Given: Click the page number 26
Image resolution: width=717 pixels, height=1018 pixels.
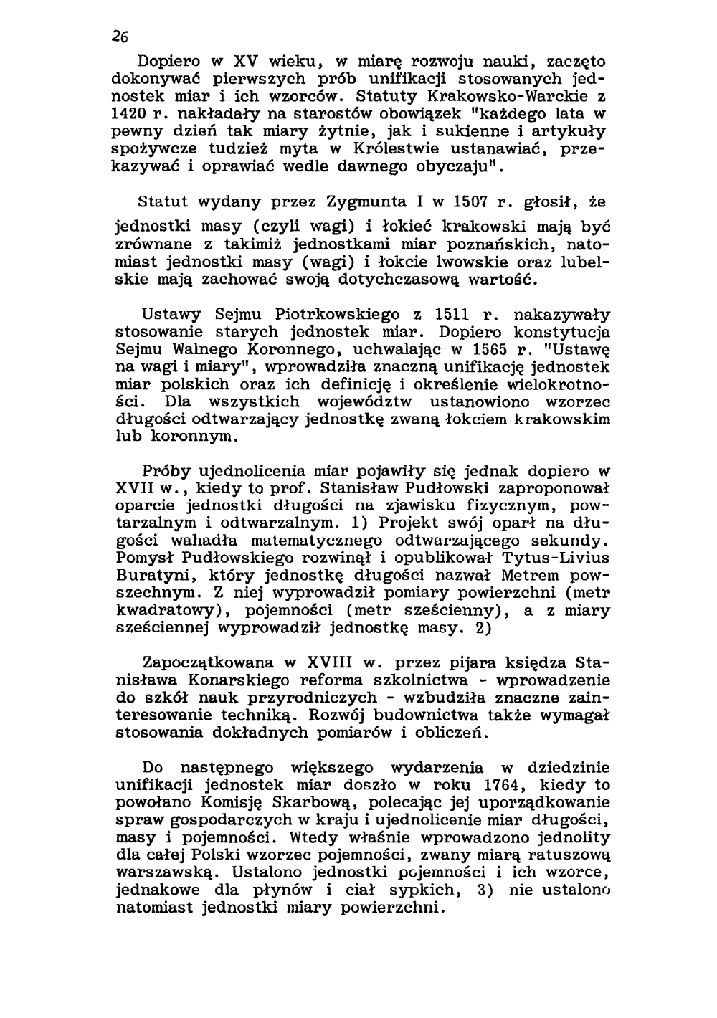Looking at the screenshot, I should tap(119, 38).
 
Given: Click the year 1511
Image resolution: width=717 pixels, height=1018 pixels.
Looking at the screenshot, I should tap(452, 314).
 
